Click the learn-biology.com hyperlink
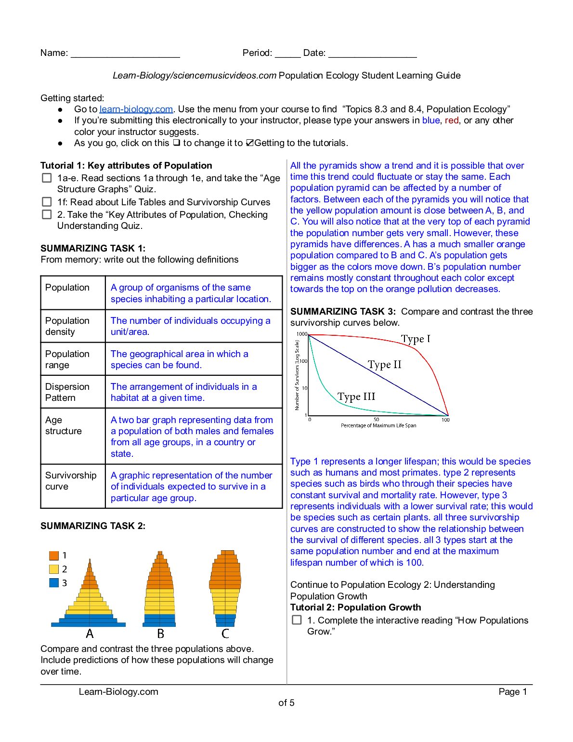(x=136, y=109)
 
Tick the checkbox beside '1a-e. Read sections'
(x=47, y=178)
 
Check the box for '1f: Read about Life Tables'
(x=47, y=202)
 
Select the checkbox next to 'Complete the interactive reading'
(x=297, y=620)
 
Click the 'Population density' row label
(x=67, y=326)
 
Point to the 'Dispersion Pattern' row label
(x=67, y=392)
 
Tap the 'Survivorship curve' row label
(x=71, y=481)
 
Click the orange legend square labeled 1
(x=54, y=556)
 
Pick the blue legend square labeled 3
(x=54, y=583)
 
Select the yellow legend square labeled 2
(x=54, y=569)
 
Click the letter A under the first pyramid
(x=90, y=634)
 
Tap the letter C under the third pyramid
(x=225, y=634)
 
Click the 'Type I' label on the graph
(x=416, y=339)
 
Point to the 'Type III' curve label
(x=356, y=397)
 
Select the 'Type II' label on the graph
(x=384, y=365)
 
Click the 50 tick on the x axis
(x=377, y=420)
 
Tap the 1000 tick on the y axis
(x=301, y=334)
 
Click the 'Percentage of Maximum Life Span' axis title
(x=378, y=425)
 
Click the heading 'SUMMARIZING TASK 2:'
(x=93, y=526)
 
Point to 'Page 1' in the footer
(x=513, y=692)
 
